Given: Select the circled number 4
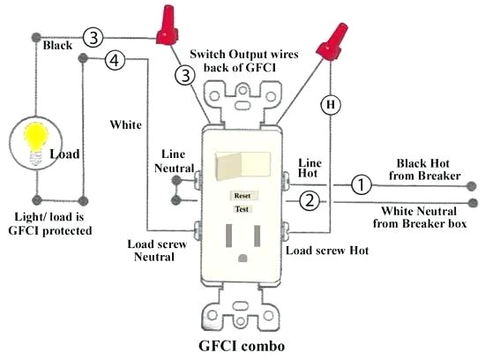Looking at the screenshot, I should [x=114, y=61].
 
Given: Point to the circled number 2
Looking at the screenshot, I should [x=309, y=201].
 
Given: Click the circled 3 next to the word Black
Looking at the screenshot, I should [x=93, y=37].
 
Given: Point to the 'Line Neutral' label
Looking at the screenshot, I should [x=175, y=160].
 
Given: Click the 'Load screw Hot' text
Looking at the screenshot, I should [x=327, y=251].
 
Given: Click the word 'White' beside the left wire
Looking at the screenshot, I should [x=125, y=124].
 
